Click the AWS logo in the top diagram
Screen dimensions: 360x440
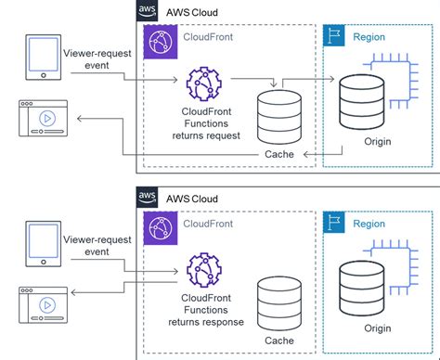coord(148,10)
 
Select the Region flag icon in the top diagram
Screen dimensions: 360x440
coord(334,38)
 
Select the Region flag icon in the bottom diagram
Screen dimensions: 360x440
coord(334,223)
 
